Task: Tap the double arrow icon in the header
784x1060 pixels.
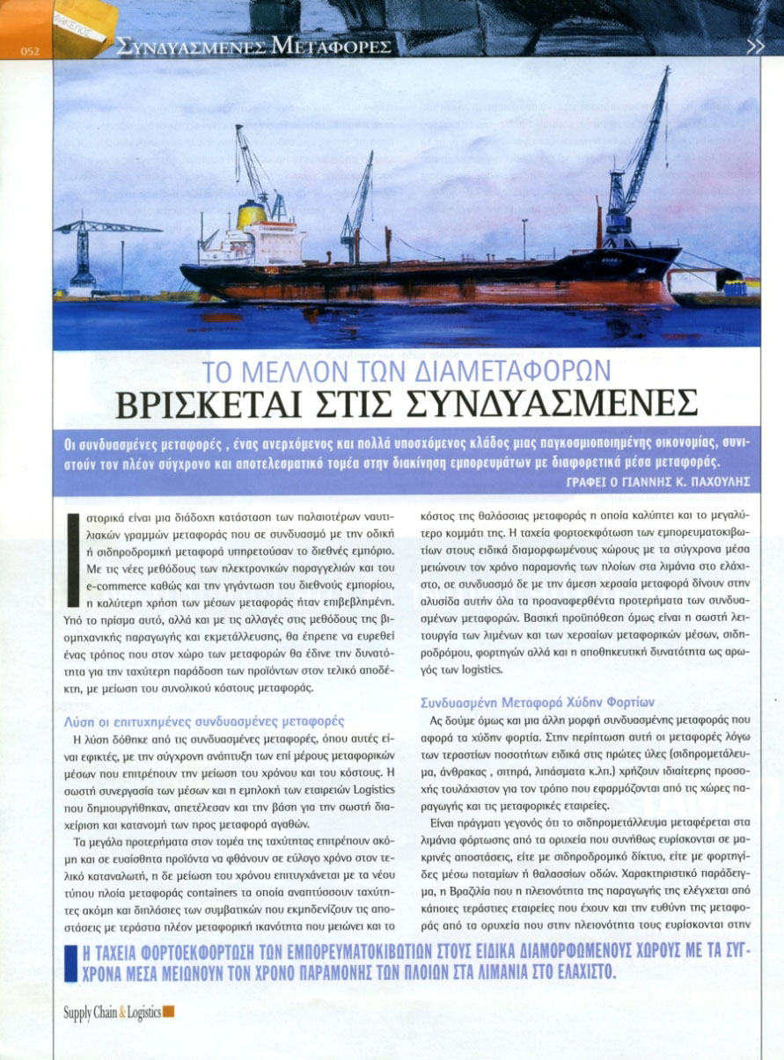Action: click(x=754, y=47)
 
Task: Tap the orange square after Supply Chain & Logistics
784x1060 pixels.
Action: click(x=169, y=1012)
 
